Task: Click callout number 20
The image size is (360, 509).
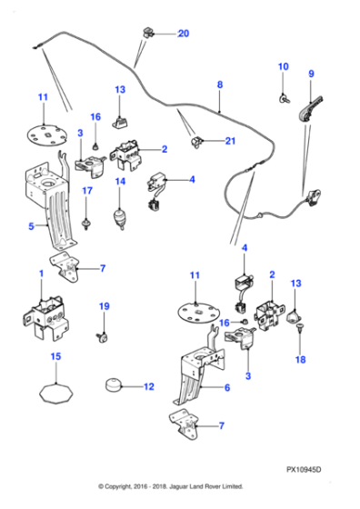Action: pos(184,34)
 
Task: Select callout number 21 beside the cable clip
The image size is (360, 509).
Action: pos(229,140)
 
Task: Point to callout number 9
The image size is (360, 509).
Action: pos(311,74)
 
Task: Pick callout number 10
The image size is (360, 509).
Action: pos(282,66)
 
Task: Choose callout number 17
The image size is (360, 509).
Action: pos(88,191)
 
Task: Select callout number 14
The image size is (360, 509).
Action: pos(119,182)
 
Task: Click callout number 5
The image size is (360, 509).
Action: pos(31,226)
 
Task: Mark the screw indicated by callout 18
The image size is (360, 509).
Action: pos(301,336)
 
